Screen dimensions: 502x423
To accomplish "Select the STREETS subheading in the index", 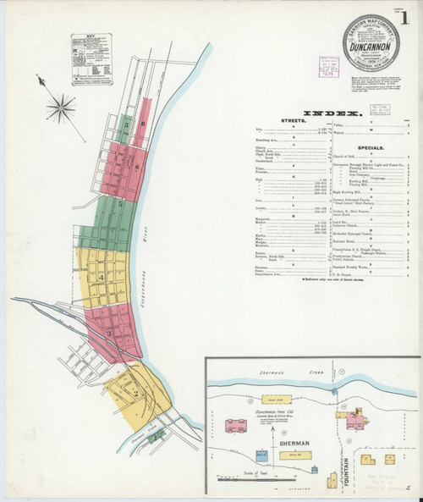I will [x=294, y=122].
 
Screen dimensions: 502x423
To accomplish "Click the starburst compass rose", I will [x=60, y=106].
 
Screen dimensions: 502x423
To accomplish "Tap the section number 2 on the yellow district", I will [x=135, y=394].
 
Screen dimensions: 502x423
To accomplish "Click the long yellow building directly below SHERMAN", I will [x=290, y=455].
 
